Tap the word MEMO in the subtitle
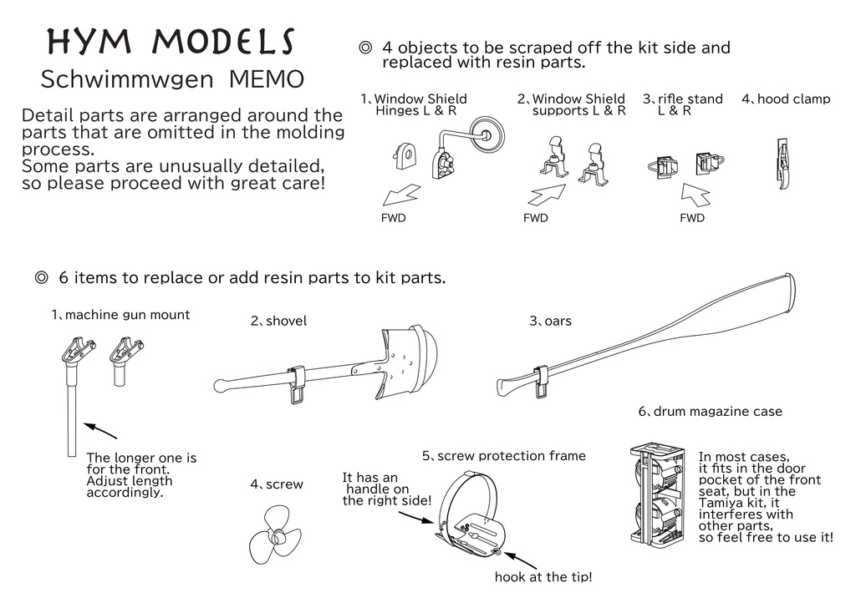click(x=267, y=80)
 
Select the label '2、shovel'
click(x=278, y=321)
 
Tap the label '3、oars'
click(x=550, y=321)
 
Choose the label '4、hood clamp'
click(x=786, y=99)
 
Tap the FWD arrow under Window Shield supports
click(x=546, y=196)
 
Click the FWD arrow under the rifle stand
click(x=698, y=195)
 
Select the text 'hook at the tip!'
click(x=543, y=577)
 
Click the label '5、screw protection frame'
click(x=503, y=456)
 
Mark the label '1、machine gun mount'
click(x=120, y=315)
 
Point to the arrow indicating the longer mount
click(x=100, y=430)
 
